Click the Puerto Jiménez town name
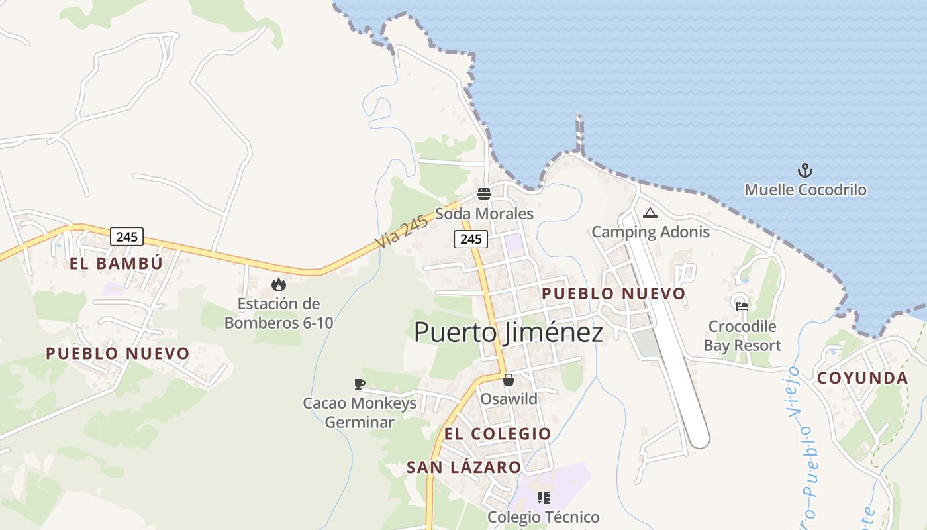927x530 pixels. pyautogui.click(x=509, y=332)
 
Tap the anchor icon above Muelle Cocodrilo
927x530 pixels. pyautogui.click(x=805, y=171)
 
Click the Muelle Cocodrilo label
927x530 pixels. pyautogui.click(x=805, y=190)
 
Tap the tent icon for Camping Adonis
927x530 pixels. pyautogui.click(x=650, y=213)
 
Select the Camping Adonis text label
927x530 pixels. pyautogui.click(x=650, y=232)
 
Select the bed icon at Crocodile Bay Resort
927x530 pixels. pyautogui.click(x=742, y=307)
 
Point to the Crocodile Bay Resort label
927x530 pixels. pyautogui.click(x=742, y=336)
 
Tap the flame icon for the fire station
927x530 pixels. pyautogui.click(x=279, y=285)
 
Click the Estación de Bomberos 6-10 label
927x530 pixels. pyautogui.click(x=279, y=313)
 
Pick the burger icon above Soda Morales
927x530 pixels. pyautogui.click(x=484, y=194)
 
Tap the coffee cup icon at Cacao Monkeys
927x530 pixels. pyautogui.click(x=360, y=384)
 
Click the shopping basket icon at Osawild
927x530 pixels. pyautogui.click(x=509, y=380)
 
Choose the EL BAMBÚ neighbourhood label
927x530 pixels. pyautogui.click(x=116, y=264)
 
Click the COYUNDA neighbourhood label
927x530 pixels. pyautogui.click(x=862, y=378)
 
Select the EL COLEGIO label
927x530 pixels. pyautogui.click(x=498, y=434)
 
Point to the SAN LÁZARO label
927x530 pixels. pyautogui.click(x=463, y=468)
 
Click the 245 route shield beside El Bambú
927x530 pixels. pyautogui.click(x=126, y=237)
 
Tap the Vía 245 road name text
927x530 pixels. pyautogui.click(x=402, y=232)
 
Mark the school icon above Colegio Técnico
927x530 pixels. pyautogui.click(x=544, y=497)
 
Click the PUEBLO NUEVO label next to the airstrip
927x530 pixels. pyautogui.click(x=614, y=293)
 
